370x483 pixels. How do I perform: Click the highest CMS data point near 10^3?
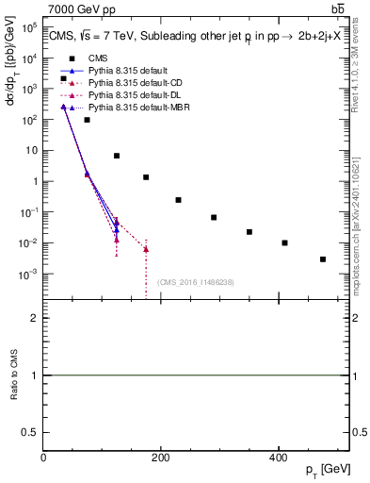click(x=63, y=78)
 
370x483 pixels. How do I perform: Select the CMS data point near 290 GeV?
click(x=214, y=217)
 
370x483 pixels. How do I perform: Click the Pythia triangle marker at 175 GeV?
click(x=146, y=249)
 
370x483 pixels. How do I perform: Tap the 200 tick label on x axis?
click(x=160, y=458)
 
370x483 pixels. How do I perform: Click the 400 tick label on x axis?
click(x=278, y=458)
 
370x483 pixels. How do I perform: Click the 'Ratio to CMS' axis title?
click(x=14, y=375)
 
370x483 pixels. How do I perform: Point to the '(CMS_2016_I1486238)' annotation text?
click(x=195, y=282)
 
